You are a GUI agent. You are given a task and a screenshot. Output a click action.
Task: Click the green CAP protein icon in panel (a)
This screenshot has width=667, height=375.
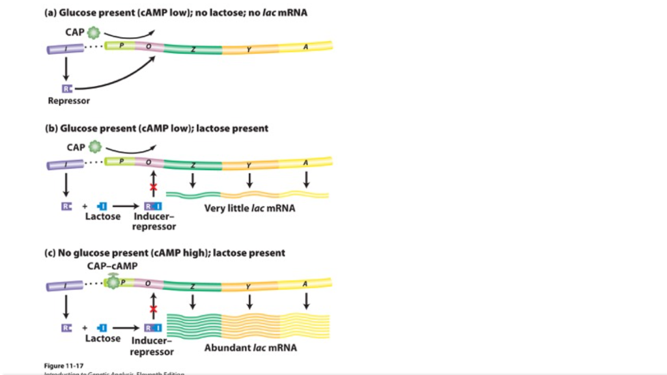coord(94,32)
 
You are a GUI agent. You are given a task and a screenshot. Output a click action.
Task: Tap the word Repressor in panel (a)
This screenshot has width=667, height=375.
coord(68,101)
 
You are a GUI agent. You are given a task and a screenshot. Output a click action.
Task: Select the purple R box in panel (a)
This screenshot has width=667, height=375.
coord(66,88)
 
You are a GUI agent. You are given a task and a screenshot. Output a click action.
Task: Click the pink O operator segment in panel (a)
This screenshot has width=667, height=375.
coord(149,47)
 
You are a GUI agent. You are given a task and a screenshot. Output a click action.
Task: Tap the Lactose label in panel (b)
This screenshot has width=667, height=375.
coord(103,216)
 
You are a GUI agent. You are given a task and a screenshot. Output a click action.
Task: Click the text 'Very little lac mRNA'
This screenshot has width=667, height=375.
coord(249,208)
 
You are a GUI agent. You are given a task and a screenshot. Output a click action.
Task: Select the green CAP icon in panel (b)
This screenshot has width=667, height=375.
coord(95,147)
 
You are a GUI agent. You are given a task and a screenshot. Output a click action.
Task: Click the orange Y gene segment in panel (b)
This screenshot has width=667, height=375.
coord(249,164)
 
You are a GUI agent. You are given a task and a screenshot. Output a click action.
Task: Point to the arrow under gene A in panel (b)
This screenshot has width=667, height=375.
coord(306,178)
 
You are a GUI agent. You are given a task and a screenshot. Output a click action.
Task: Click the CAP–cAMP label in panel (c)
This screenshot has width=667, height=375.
coord(112,266)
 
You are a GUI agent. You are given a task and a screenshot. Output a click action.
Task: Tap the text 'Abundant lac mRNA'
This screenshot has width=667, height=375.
coord(251,348)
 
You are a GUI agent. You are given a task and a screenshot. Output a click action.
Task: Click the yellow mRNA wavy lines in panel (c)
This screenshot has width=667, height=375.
coord(305,326)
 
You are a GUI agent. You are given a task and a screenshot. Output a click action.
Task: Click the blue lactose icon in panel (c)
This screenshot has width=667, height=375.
coord(102,328)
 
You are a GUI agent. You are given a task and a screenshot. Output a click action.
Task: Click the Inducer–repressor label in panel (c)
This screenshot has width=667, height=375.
coord(152,346)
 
